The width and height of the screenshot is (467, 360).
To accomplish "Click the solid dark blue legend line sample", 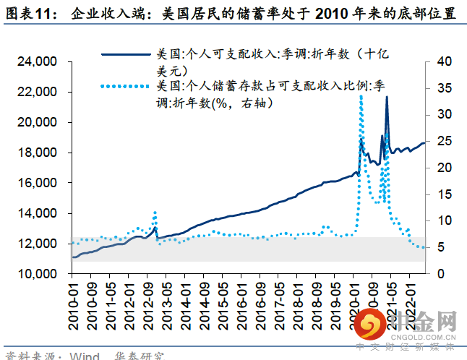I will pyautogui.click(x=127, y=54).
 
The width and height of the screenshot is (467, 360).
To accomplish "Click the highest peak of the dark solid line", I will pyautogui.click(x=387, y=97).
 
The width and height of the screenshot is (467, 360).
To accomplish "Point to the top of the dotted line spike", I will pyautogui.click(x=361, y=97).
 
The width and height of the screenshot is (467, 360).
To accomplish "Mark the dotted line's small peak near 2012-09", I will pyautogui.click(x=155, y=213).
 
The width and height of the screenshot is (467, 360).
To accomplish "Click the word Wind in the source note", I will pyautogui.click(x=85, y=355).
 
